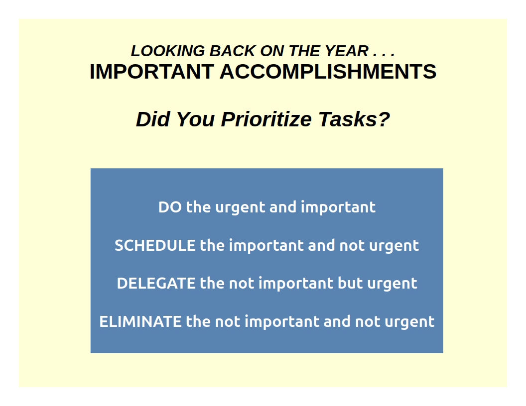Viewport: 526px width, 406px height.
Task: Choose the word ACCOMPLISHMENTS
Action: (328, 71)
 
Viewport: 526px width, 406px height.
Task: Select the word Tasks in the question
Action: (346, 119)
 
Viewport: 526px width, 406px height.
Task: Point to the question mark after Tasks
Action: (383, 119)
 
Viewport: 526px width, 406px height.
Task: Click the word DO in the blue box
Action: (170, 207)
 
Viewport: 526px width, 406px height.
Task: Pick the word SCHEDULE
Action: (155, 245)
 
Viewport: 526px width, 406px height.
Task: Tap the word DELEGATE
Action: (156, 283)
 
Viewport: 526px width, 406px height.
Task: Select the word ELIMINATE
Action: (140, 321)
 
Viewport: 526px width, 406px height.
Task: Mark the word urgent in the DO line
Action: (240, 208)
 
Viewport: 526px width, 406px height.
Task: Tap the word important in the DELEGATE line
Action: (296, 284)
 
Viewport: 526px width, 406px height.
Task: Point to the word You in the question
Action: (195, 119)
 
